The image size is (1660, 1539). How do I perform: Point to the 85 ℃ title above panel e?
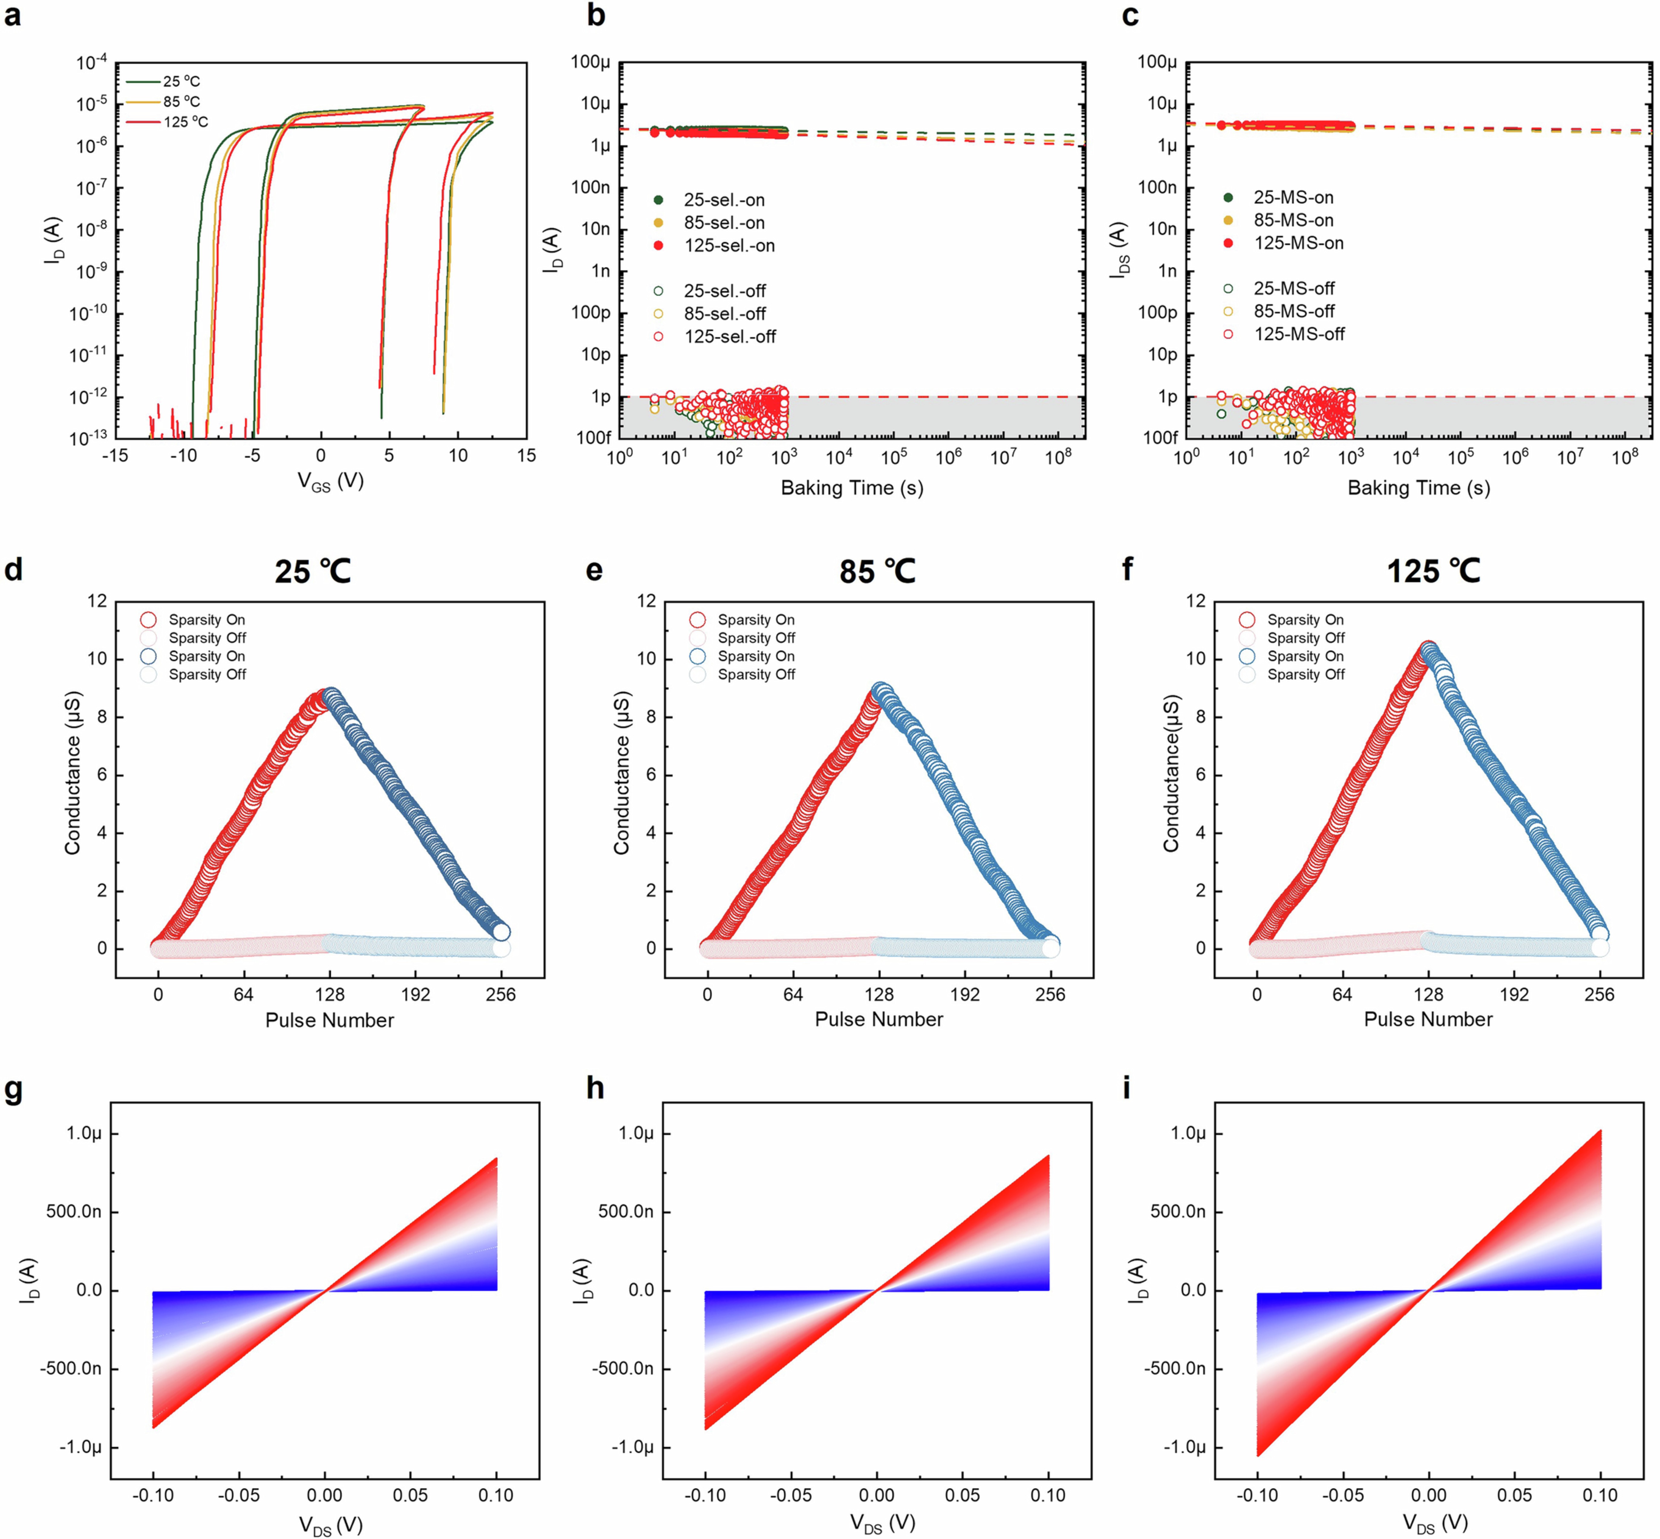877,571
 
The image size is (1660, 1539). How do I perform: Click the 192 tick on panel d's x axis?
415,994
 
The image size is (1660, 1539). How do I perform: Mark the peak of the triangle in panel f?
1428,649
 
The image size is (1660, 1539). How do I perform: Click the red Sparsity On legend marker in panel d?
148,620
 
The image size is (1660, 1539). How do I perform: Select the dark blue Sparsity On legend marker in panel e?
698,656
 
